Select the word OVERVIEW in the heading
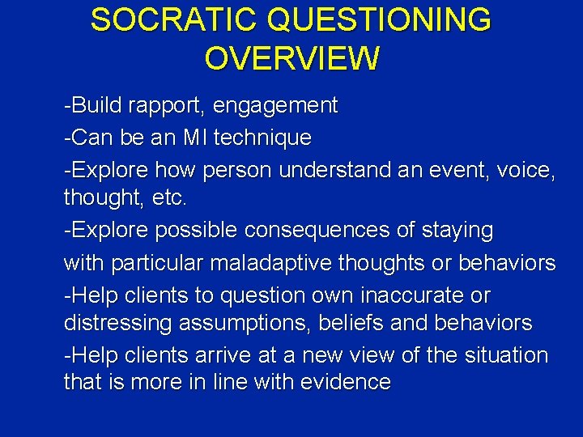[291, 58]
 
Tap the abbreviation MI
[195, 138]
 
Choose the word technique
[262, 138]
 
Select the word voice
[526, 170]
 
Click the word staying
[457, 231]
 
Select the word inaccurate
[414, 295]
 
